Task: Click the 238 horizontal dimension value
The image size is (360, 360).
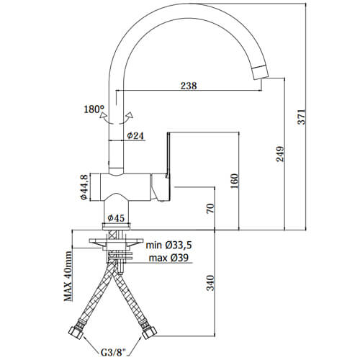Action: (189, 86)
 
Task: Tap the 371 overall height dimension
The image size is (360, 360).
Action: (302, 117)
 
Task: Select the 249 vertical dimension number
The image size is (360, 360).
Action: (280, 154)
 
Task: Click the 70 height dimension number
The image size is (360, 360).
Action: (210, 208)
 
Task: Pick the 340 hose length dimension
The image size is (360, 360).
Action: (210, 283)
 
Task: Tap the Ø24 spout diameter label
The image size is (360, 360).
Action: (135, 136)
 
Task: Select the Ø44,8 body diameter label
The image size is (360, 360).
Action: (84, 186)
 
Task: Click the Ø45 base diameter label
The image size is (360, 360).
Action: (116, 218)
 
